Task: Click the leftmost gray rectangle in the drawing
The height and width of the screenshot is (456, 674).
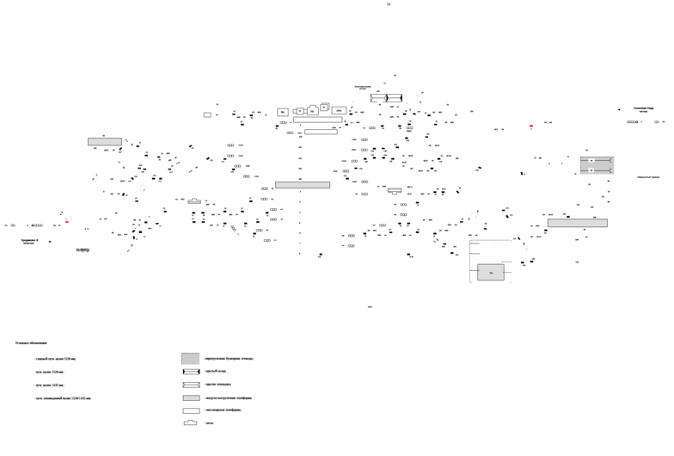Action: tap(105, 141)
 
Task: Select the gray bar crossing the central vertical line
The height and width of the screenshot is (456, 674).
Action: tap(303, 185)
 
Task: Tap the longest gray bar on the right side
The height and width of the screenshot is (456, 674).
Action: tap(577, 222)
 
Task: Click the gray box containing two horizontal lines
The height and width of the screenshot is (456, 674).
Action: tap(597, 165)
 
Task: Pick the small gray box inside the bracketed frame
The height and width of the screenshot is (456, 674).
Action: tap(491, 272)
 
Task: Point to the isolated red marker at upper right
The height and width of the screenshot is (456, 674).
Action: tap(531, 126)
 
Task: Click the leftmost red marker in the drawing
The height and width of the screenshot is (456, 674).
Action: tap(66, 221)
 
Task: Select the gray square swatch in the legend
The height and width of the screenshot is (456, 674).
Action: tap(190, 359)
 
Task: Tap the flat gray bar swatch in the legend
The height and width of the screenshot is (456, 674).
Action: tap(191, 397)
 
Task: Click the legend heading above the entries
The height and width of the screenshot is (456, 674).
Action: tap(30, 342)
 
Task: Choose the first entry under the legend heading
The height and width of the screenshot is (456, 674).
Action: tap(56, 359)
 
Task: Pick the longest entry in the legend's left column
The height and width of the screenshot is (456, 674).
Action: tap(63, 398)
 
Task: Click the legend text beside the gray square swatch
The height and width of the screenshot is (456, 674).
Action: tap(229, 358)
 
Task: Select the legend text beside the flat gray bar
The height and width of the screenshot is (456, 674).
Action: tap(228, 397)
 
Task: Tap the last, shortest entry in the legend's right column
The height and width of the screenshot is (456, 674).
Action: tap(209, 423)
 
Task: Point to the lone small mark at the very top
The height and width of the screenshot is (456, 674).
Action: tap(388, 4)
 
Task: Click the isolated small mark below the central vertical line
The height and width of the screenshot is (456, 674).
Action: tap(370, 306)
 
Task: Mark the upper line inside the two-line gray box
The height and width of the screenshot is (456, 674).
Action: tap(597, 160)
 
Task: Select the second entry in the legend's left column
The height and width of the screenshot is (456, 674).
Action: tap(50, 372)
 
